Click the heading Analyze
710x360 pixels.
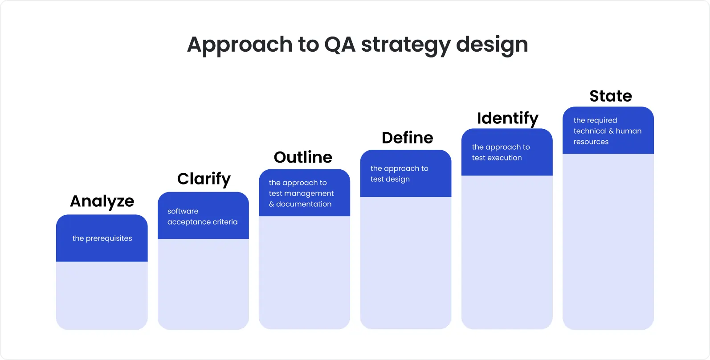pyautogui.click(x=102, y=201)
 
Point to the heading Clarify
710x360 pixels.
pyautogui.click(x=204, y=179)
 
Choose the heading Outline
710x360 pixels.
pyautogui.click(x=303, y=157)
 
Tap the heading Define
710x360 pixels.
pyautogui.click(x=407, y=138)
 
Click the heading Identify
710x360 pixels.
pyautogui.click(x=507, y=119)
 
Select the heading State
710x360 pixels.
pyautogui.click(x=611, y=96)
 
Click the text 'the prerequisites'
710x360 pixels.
pyautogui.click(x=102, y=238)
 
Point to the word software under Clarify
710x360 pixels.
pyautogui.click(x=183, y=211)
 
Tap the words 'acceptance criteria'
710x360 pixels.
pyautogui.click(x=202, y=222)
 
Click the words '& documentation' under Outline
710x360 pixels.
pyautogui.click(x=300, y=204)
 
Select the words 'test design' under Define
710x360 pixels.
pyautogui.click(x=390, y=179)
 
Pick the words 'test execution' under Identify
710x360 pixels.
pyautogui.click(x=497, y=158)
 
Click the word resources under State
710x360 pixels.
pyautogui.click(x=591, y=142)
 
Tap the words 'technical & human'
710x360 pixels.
pyautogui.click(x=607, y=131)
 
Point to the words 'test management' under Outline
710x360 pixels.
pyautogui.click(x=301, y=193)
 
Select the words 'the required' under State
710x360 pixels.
pyautogui.click(x=595, y=120)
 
